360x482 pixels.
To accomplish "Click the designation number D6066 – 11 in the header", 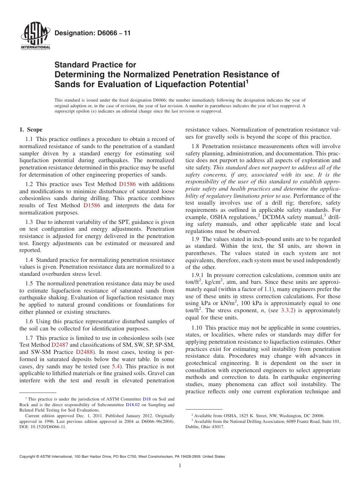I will tap(92, 33).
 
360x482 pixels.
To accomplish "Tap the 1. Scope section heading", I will tap(31, 130).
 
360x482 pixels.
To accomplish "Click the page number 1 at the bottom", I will tap(180, 466).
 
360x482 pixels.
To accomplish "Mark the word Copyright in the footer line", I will tap(28, 457).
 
